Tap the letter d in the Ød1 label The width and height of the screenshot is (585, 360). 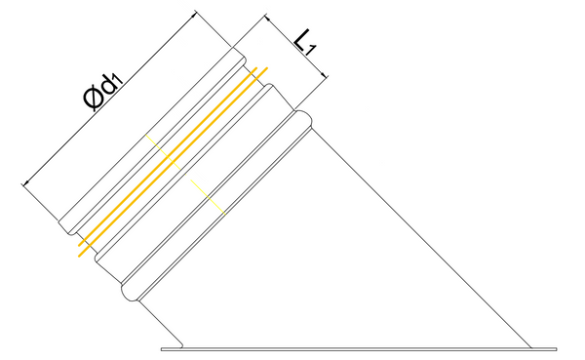pos(108,87)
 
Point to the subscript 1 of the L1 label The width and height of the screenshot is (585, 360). pos(310,50)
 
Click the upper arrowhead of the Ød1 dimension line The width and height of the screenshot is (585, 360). pos(193,15)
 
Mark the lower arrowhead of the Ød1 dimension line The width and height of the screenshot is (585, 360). pos(25,182)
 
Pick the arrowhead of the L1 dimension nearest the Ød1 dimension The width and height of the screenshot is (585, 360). pos(267,18)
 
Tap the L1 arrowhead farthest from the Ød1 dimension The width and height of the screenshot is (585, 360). pos(325,75)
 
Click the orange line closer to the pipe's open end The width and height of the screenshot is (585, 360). pos(168,156)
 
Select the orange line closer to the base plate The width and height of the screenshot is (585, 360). pos(173,162)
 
